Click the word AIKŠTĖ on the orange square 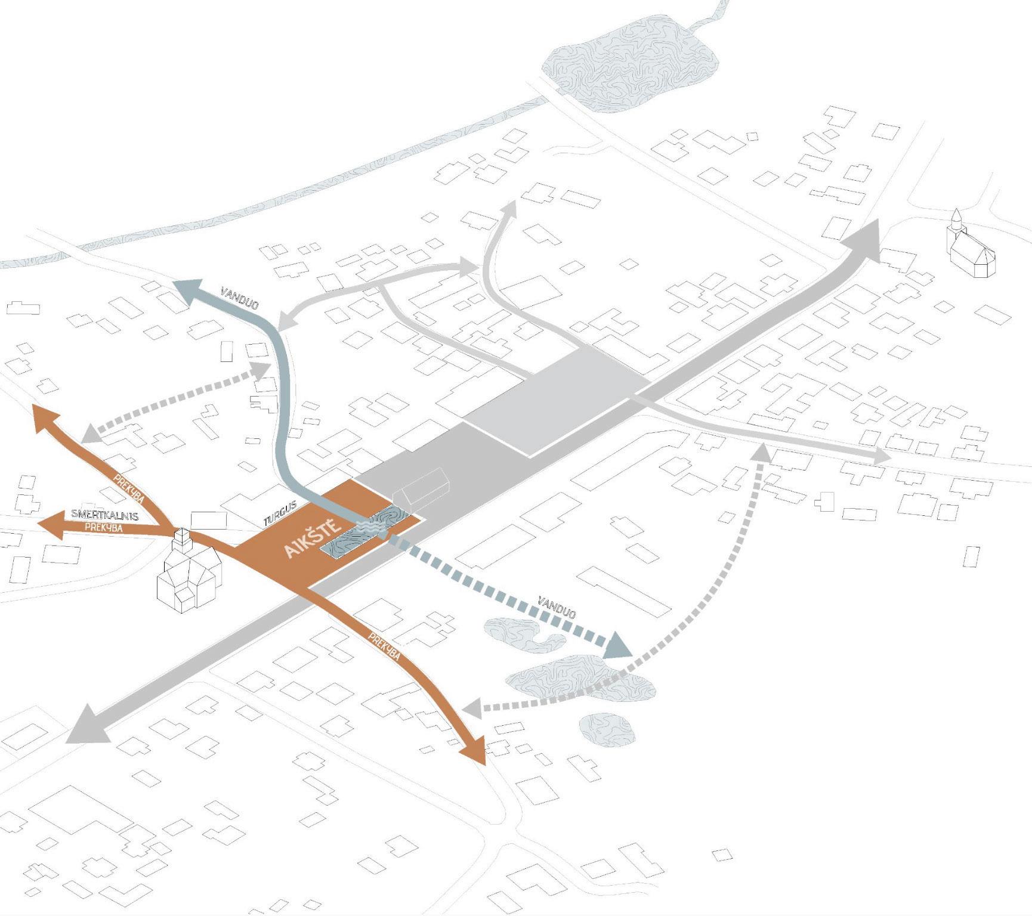(x=313, y=539)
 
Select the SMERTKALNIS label (x=104, y=515)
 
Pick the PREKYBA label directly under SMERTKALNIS (x=104, y=528)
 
